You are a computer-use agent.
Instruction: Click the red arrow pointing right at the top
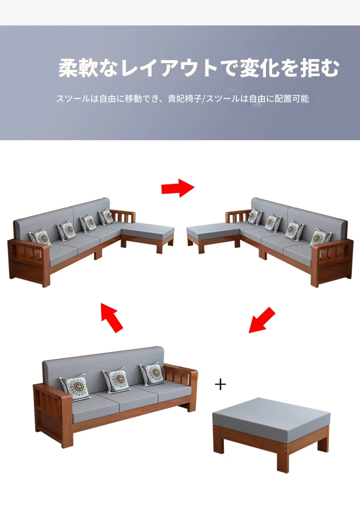(x=178, y=188)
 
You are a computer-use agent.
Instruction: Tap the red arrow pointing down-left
(x=262, y=320)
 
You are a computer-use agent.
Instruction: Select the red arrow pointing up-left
(x=112, y=317)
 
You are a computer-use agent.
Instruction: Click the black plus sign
(x=220, y=385)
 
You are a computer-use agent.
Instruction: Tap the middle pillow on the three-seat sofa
(x=117, y=380)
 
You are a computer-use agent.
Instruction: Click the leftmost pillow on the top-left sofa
(x=40, y=238)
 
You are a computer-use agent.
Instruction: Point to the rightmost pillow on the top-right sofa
(x=320, y=238)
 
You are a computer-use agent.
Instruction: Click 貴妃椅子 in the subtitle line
(x=185, y=98)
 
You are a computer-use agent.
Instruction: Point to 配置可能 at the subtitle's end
(x=292, y=98)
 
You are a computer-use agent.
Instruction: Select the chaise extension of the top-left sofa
(x=148, y=237)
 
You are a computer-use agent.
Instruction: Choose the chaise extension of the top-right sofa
(x=213, y=237)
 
